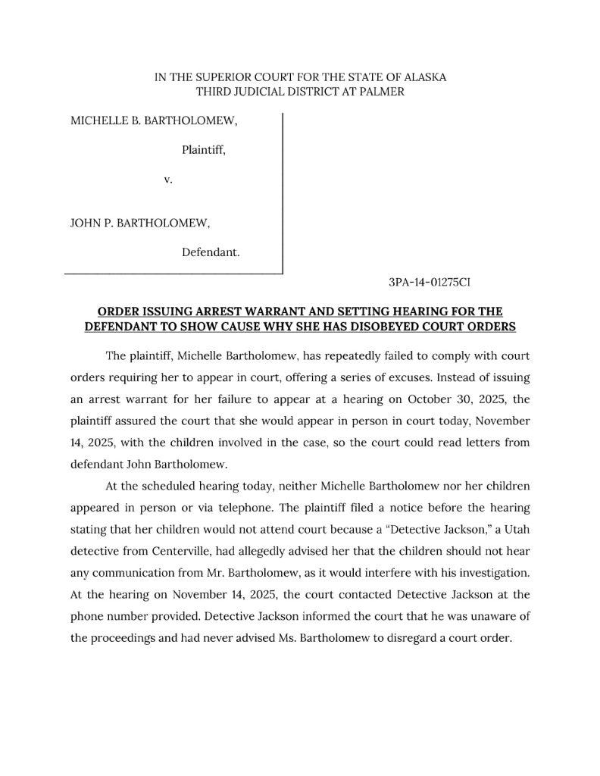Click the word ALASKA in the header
[424, 77]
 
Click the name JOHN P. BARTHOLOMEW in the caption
[139, 224]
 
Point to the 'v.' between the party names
[168, 180]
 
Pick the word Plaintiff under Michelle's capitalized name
[203, 150]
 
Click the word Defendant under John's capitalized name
[211, 252]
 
